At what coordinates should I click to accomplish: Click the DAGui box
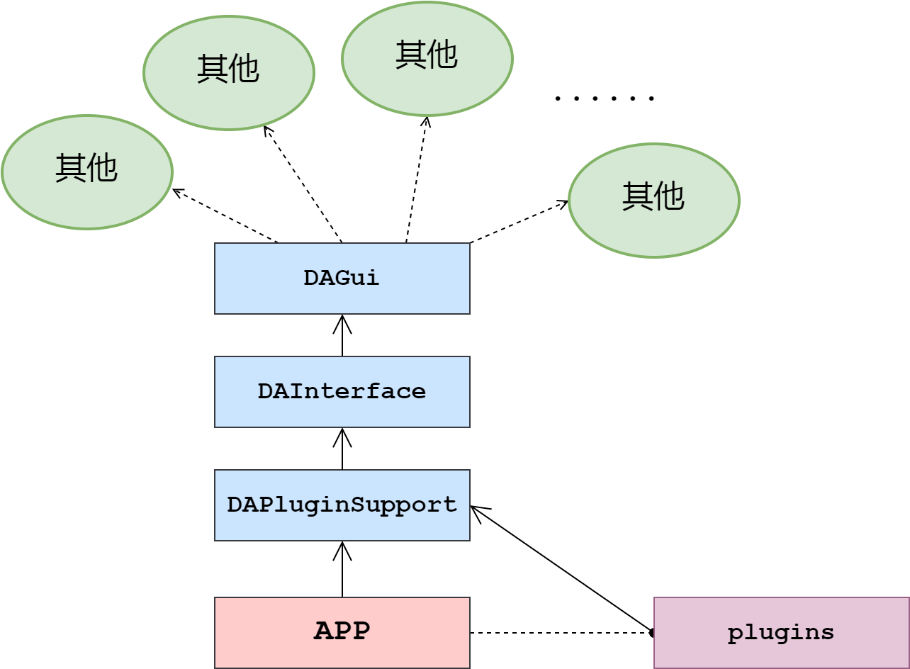tap(342, 279)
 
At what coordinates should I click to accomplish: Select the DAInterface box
tap(342, 392)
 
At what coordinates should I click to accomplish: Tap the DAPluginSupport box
tap(342, 505)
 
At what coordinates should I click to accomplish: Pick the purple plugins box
tap(781, 632)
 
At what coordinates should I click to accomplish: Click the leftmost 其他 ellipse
tap(86, 172)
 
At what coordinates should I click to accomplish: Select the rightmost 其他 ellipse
tap(653, 201)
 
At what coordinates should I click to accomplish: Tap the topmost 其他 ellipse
tap(427, 59)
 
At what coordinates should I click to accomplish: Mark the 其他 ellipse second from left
tap(228, 73)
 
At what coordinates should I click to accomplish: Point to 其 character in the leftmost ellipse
tap(71, 168)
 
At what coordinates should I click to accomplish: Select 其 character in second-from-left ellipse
tap(213, 69)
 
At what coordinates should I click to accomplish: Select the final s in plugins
tap(827, 633)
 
